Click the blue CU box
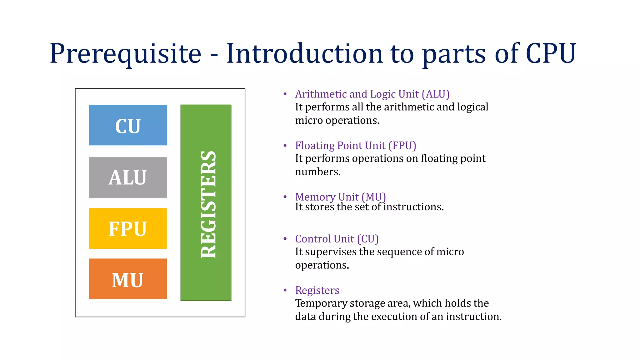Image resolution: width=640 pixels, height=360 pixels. pos(128,125)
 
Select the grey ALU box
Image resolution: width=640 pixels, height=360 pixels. pos(128,177)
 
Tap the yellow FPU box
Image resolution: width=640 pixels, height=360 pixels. pos(128,228)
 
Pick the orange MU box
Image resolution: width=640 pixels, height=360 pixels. pos(128,279)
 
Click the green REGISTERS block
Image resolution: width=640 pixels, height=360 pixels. pos(206,202)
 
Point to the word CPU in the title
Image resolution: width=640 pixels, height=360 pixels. pos(551,54)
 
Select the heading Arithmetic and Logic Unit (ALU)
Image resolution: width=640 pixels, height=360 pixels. pos(372,94)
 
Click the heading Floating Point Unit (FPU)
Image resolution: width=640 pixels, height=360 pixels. pos(355,146)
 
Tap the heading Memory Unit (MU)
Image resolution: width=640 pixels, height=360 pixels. pos(340,197)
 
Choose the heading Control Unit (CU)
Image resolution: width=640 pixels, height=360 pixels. pos(337,239)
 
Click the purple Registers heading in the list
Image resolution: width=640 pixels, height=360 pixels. pos(317,290)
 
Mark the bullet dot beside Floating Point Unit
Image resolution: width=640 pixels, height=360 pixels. pos(285,146)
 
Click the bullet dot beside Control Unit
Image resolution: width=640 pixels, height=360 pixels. pos(285,239)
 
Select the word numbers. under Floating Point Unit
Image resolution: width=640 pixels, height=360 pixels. pos(317,172)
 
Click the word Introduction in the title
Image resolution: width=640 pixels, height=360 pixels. pos(305,54)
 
